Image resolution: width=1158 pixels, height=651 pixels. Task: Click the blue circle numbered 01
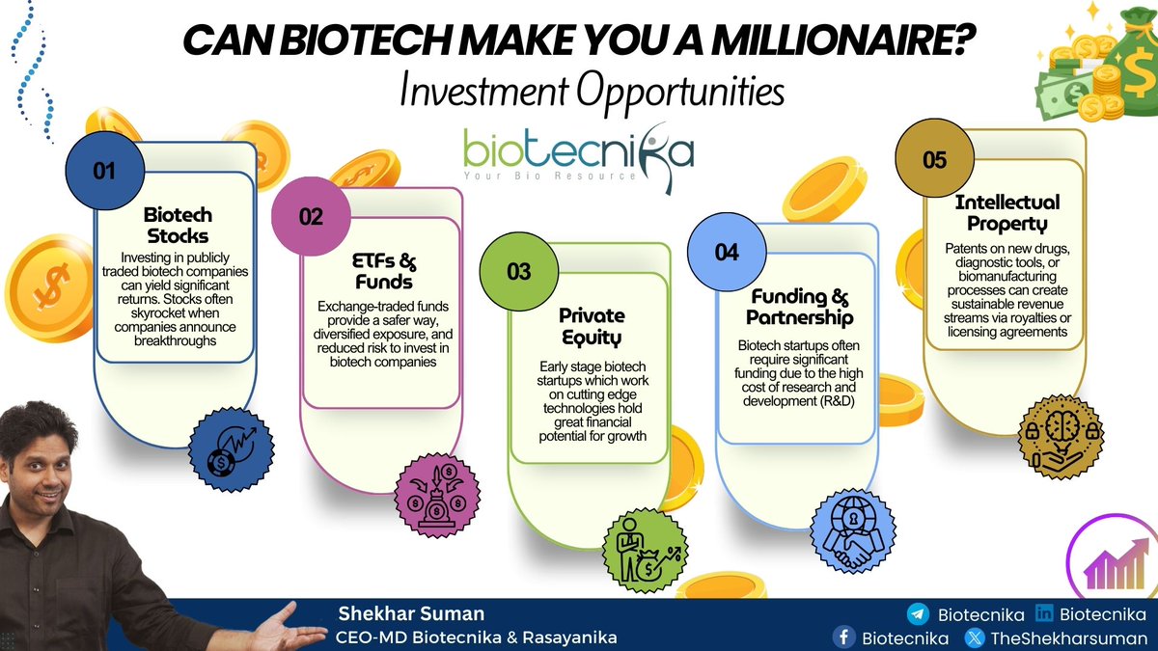click(104, 171)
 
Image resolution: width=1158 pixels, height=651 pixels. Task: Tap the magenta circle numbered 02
click(311, 216)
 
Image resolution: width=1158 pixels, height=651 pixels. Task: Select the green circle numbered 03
click(518, 271)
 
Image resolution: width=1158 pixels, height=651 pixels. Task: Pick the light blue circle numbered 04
click(727, 252)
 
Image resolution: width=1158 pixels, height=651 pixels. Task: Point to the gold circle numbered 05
click(934, 160)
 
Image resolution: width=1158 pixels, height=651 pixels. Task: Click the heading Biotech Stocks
click(178, 225)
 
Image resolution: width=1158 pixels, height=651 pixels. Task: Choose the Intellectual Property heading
click(1006, 213)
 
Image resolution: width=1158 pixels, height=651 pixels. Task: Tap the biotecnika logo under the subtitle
click(578, 153)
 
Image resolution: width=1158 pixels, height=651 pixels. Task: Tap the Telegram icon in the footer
click(918, 613)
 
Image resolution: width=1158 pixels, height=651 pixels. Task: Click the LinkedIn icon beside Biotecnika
click(1043, 613)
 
